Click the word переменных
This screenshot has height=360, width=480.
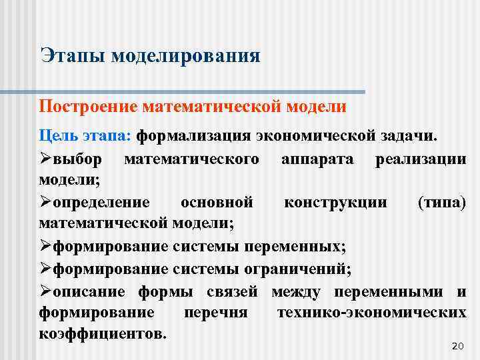[295, 247]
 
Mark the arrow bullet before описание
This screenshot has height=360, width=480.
[46, 291]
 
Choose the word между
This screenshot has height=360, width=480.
[296, 291]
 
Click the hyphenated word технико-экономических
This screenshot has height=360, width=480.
[371, 313]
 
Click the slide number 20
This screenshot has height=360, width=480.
[457, 345]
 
